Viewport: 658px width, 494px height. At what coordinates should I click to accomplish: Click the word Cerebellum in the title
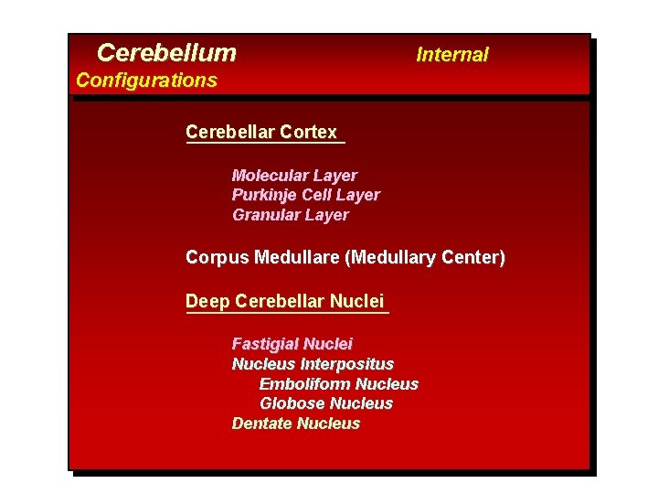pyautogui.click(x=166, y=53)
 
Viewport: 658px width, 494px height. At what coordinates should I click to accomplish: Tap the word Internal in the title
pyautogui.click(x=452, y=55)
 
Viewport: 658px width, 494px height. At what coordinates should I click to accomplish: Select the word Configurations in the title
pyautogui.click(x=146, y=81)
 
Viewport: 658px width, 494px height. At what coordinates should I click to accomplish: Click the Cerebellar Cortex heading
pyautogui.click(x=261, y=132)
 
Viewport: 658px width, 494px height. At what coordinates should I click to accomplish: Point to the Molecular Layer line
pyautogui.click(x=294, y=175)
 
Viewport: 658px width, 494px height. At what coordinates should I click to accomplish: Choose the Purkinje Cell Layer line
pyautogui.click(x=305, y=195)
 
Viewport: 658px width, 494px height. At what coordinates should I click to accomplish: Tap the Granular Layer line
pyautogui.click(x=290, y=215)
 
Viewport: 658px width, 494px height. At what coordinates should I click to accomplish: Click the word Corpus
pyautogui.click(x=211, y=258)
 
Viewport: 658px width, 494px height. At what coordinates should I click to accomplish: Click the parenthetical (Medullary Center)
pyautogui.click(x=425, y=258)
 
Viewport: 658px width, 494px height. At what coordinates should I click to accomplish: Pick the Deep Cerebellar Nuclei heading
pyautogui.click(x=284, y=301)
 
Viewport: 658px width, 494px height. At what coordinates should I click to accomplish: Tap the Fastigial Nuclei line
pyautogui.click(x=292, y=344)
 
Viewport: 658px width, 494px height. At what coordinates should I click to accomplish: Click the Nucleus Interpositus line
pyautogui.click(x=313, y=364)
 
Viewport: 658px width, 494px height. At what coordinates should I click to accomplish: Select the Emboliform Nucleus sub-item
pyautogui.click(x=338, y=384)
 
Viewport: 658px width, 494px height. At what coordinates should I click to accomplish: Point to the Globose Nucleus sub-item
pyautogui.click(x=326, y=403)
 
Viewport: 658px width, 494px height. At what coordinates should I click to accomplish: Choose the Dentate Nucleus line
pyautogui.click(x=296, y=424)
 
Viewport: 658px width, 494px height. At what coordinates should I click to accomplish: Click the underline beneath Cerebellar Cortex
pyautogui.click(x=265, y=143)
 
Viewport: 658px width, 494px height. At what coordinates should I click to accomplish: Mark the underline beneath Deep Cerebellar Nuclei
pyautogui.click(x=287, y=313)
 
